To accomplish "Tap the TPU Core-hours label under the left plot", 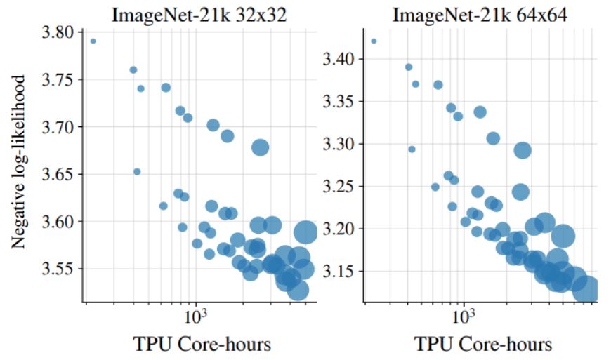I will (202, 344).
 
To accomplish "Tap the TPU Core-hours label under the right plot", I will (482, 345).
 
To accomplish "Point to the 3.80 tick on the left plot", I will (58, 32).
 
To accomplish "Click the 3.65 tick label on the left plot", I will (58, 174).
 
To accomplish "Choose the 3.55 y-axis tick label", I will (58, 269).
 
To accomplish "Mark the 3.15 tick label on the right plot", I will (339, 272).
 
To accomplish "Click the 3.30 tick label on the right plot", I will (339, 145).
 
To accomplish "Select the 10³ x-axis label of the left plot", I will (195, 316).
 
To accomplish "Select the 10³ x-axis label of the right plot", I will (464, 316).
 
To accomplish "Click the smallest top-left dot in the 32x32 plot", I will (93, 41).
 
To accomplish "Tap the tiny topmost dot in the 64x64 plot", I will (374, 41).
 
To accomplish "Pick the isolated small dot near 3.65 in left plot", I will (137, 171).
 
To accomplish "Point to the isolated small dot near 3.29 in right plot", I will (412, 149).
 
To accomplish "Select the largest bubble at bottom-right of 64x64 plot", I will (584, 289).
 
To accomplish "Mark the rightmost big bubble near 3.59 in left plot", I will (305, 232).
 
